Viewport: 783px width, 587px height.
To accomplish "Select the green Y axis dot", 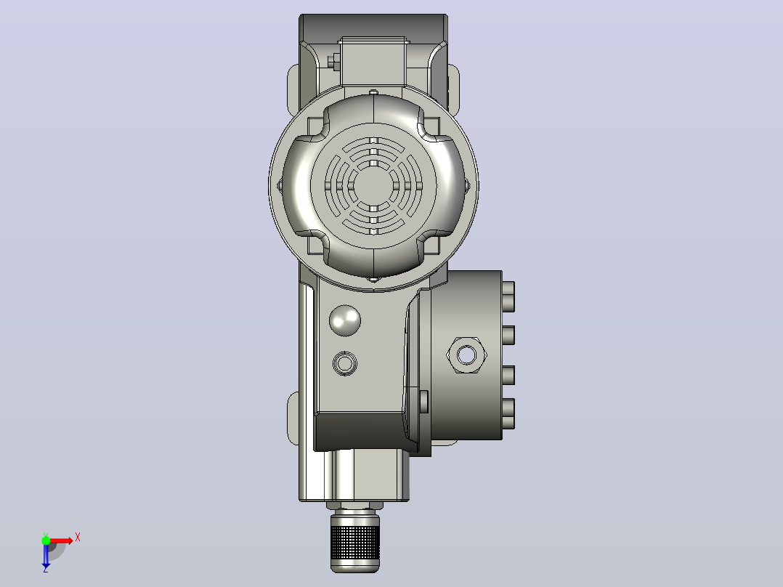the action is point(46,540).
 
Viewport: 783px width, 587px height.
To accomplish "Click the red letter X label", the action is point(78,538).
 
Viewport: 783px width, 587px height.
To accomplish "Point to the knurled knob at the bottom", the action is point(355,542).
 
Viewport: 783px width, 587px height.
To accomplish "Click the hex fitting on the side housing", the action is point(466,355).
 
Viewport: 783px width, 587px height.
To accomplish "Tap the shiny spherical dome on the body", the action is point(344,320).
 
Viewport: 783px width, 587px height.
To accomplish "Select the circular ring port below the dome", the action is point(344,363).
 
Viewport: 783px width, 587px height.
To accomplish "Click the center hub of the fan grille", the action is point(373,186).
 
